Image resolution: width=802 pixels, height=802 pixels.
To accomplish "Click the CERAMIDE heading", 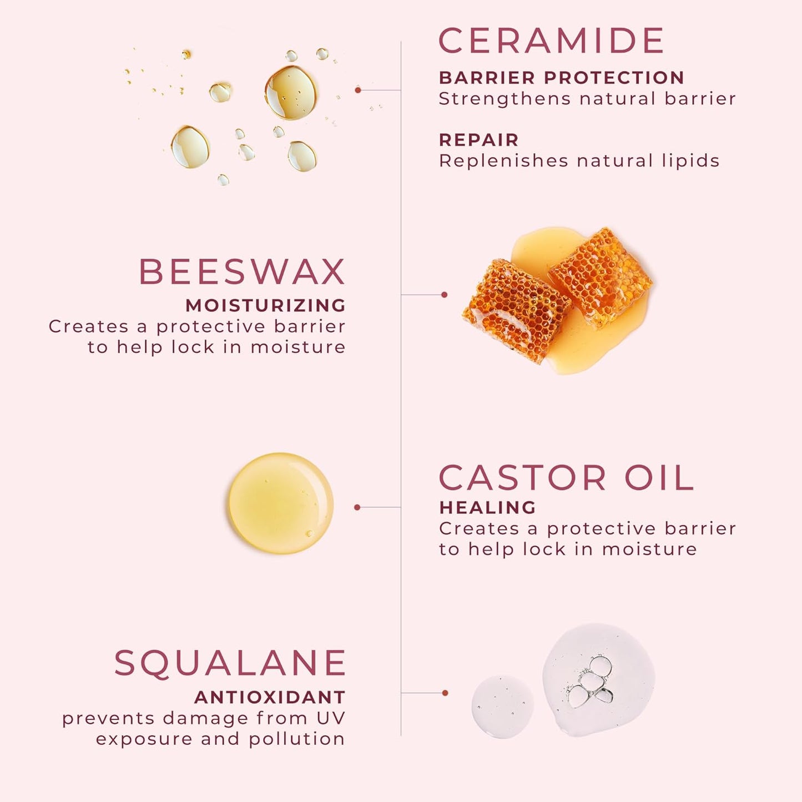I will click(551, 41).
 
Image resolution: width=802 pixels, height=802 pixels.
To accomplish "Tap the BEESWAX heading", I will click(242, 272).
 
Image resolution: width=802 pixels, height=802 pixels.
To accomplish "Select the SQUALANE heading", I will click(230, 663).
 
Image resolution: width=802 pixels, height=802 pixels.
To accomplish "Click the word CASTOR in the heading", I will click(522, 478).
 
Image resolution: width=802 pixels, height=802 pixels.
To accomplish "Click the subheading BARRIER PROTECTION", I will click(561, 78).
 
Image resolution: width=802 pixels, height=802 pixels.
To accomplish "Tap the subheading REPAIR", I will click(478, 140).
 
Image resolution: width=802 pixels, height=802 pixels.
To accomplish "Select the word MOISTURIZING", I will click(265, 305).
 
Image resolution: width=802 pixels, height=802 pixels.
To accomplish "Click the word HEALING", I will click(487, 507).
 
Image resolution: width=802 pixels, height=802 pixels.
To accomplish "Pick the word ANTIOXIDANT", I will click(270, 697).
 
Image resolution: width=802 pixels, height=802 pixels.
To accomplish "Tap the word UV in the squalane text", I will click(331, 718).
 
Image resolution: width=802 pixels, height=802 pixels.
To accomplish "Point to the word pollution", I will click(296, 739).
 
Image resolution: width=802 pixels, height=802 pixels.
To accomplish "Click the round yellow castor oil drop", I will click(281, 503).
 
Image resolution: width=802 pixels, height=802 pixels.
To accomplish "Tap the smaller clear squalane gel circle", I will click(502, 706).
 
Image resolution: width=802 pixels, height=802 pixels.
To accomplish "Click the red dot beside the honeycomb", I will click(444, 295).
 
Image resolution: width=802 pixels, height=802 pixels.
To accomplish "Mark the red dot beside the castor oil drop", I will click(357, 507).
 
